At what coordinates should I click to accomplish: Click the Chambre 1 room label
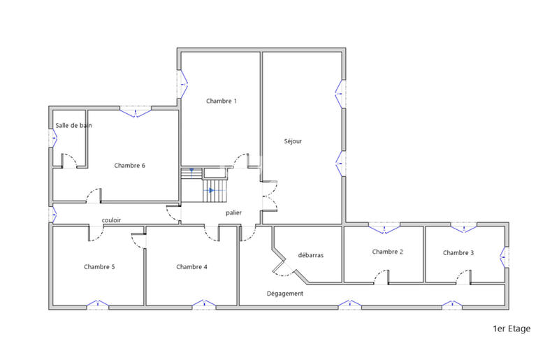pyautogui.click(x=222, y=101)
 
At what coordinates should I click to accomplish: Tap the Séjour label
pyautogui.click(x=293, y=141)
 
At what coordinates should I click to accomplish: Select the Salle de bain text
pyautogui.click(x=73, y=126)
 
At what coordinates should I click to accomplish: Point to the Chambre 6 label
pyautogui.click(x=129, y=166)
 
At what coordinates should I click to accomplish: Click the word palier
pyautogui.click(x=233, y=213)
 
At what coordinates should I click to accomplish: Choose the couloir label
pyautogui.click(x=111, y=220)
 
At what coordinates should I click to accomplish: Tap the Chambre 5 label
pyautogui.click(x=99, y=266)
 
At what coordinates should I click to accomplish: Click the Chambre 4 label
pyautogui.click(x=191, y=266)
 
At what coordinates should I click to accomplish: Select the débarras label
pyautogui.click(x=310, y=255)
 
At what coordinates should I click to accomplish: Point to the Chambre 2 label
pyautogui.click(x=388, y=252)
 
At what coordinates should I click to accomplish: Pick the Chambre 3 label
pyautogui.click(x=458, y=252)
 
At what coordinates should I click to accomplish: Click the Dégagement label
pyautogui.click(x=285, y=294)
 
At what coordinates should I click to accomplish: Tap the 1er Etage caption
pyautogui.click(x=511, y=329)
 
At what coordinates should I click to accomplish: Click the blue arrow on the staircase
pyautogui.click(x=211, y=190)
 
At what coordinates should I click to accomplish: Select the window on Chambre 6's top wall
pyautogui.click(x=134, y=110)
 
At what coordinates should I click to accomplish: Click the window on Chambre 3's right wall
pyautogui.click(x=504, y=255)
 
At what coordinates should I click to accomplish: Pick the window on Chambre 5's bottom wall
pyautogui.click(x=98, y=304)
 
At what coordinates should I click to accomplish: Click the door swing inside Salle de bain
pyautogui.click(x=68, y=160)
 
